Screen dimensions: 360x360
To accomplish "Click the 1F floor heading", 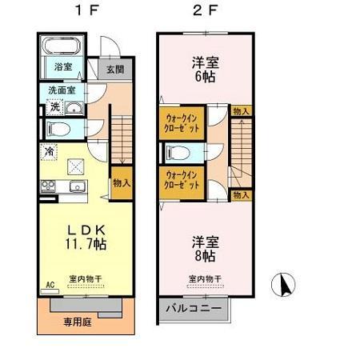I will click(82, 11).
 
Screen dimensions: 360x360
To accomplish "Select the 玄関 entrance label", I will click(114, 69).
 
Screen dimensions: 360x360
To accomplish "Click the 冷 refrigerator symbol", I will click(50, 150).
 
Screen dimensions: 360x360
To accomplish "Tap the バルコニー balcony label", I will click(194, 306).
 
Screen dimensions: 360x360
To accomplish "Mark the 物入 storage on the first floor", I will click(122, 183).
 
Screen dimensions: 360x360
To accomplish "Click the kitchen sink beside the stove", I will click(78, 188).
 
